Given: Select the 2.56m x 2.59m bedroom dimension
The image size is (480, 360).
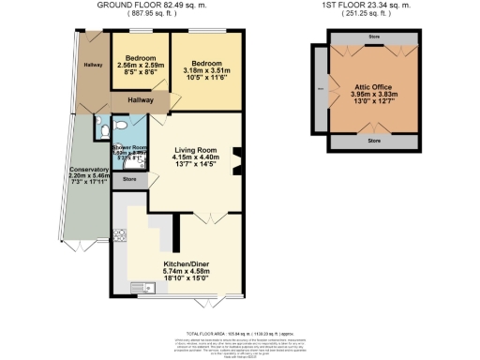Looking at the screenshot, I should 141,67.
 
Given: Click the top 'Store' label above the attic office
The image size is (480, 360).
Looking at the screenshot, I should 375,38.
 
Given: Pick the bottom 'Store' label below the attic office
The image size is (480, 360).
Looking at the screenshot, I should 375,141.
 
